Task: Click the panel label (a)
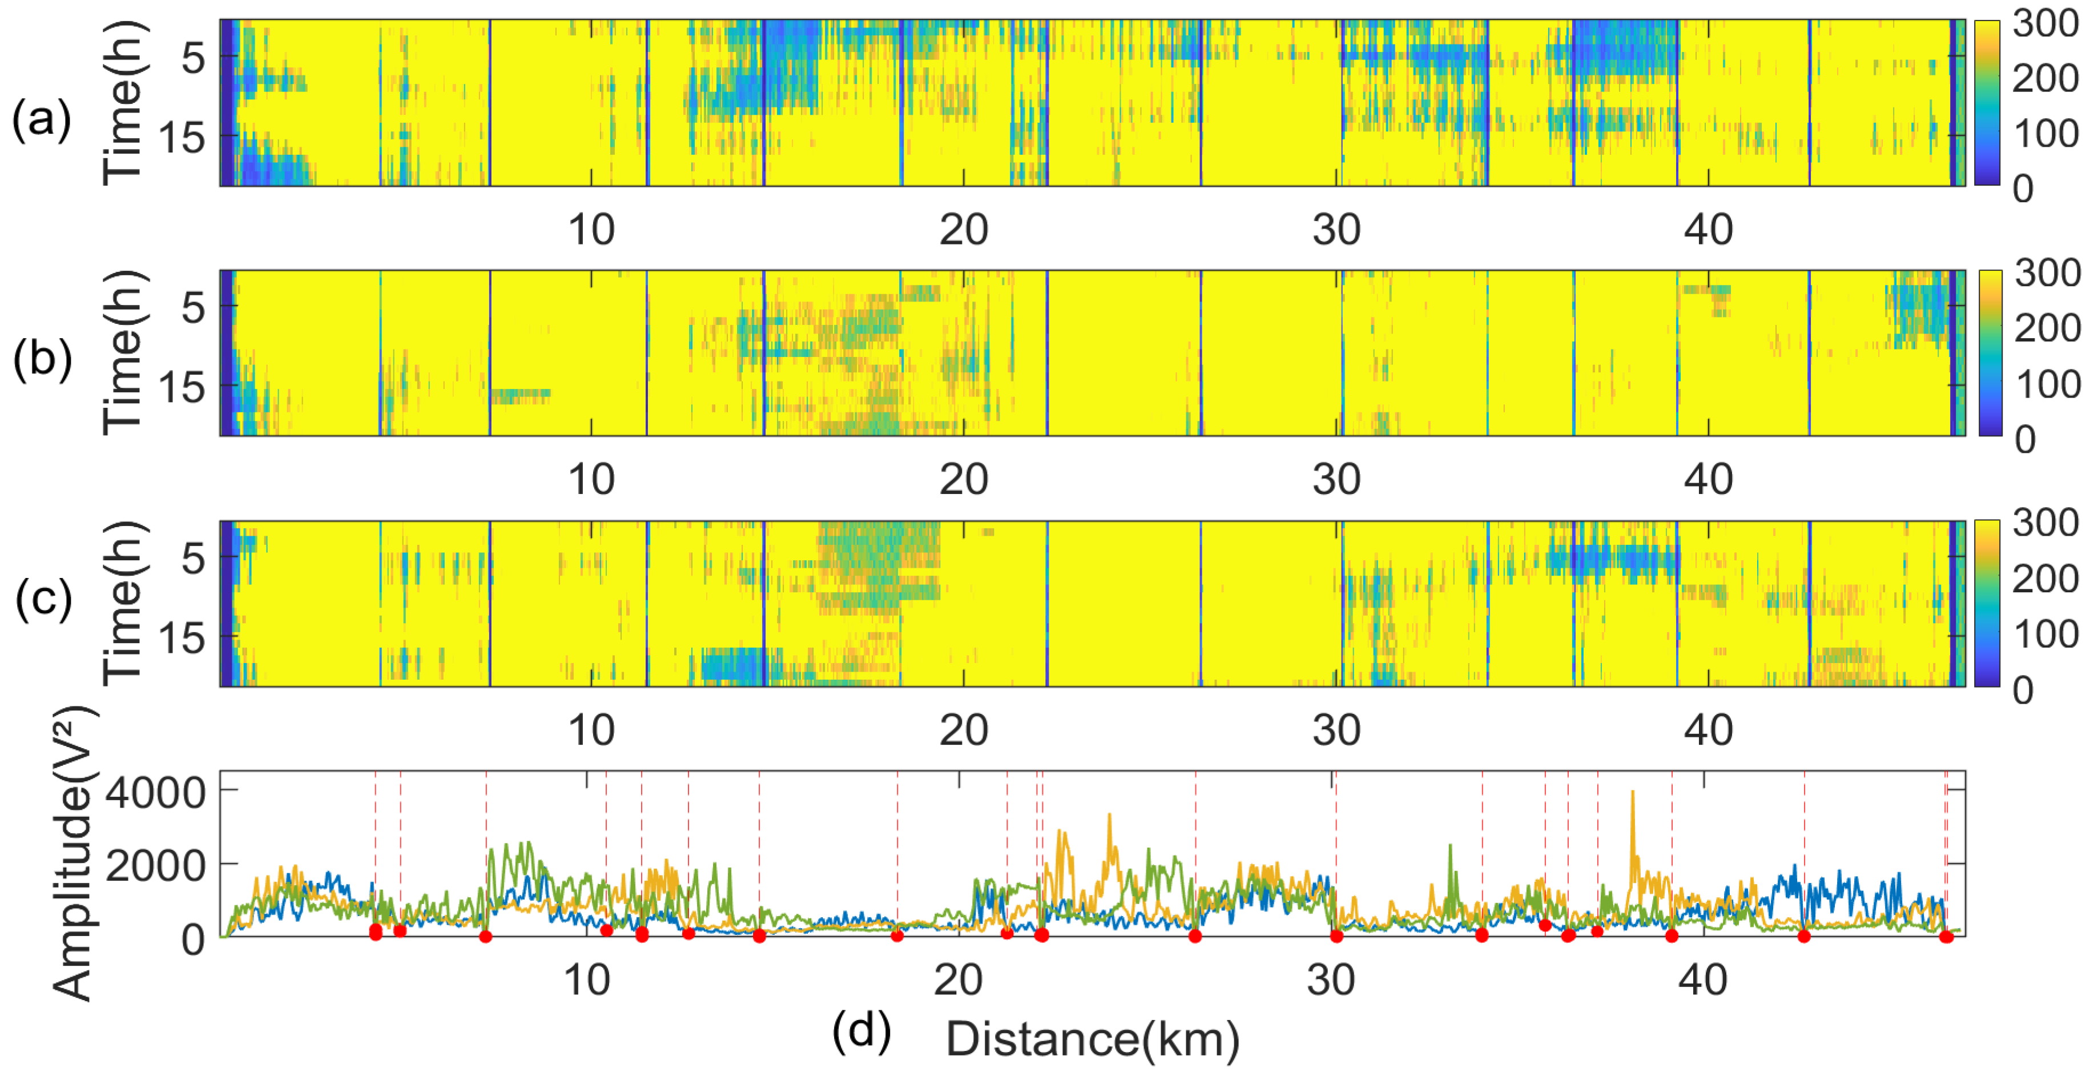pos(42,121)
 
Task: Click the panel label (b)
pos(42,359)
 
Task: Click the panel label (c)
pos(43,600)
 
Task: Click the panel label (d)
pos(861,1031)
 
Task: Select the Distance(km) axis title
pos(1092,1039)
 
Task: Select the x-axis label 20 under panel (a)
pos(964,231)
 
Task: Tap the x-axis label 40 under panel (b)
pos(1708,480)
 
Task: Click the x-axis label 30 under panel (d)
pos(1331,980)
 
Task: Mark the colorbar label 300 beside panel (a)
pos(2045,23)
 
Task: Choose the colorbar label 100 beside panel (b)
pos(2047,384)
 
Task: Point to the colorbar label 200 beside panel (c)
pos(2045,579)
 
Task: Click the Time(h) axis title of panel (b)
pos(123,353)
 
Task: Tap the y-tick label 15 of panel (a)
pos(181,138)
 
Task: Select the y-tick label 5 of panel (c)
pos(193,559)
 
